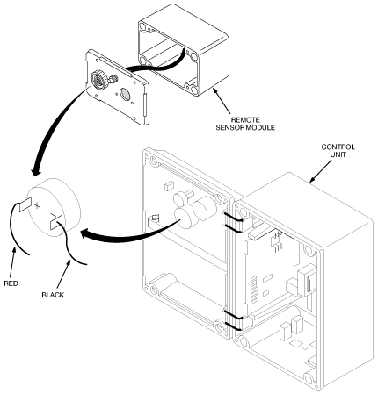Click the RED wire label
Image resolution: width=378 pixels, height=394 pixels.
coord(11,283)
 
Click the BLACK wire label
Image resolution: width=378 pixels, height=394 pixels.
coord(53,295)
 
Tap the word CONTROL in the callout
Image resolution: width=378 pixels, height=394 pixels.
coord(338,147)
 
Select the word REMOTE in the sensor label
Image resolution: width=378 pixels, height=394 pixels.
coord(245,120)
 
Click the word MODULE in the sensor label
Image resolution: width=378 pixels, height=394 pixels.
coord(260,128)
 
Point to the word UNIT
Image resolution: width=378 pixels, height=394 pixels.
coord(338,154)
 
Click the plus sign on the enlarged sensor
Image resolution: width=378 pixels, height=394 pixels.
coord(36,205)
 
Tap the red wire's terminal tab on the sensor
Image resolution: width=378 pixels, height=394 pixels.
coord(25,204)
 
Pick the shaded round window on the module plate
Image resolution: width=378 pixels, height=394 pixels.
coord(126,94)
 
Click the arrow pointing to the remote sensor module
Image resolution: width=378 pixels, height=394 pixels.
coord(222,101)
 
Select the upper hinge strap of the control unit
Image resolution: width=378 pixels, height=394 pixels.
coord(232,222)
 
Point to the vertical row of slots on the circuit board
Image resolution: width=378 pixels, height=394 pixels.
coord(254,289)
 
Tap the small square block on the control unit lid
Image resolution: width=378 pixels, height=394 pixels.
coord(170,186)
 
